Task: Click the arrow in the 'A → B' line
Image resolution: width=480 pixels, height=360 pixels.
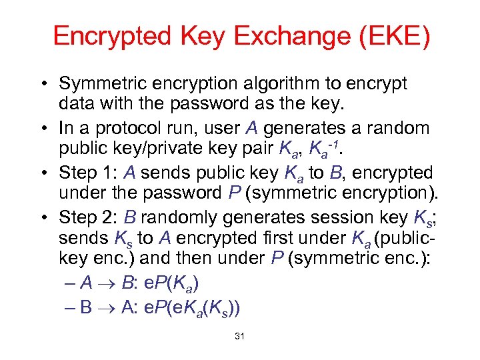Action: tap(108, 283)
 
